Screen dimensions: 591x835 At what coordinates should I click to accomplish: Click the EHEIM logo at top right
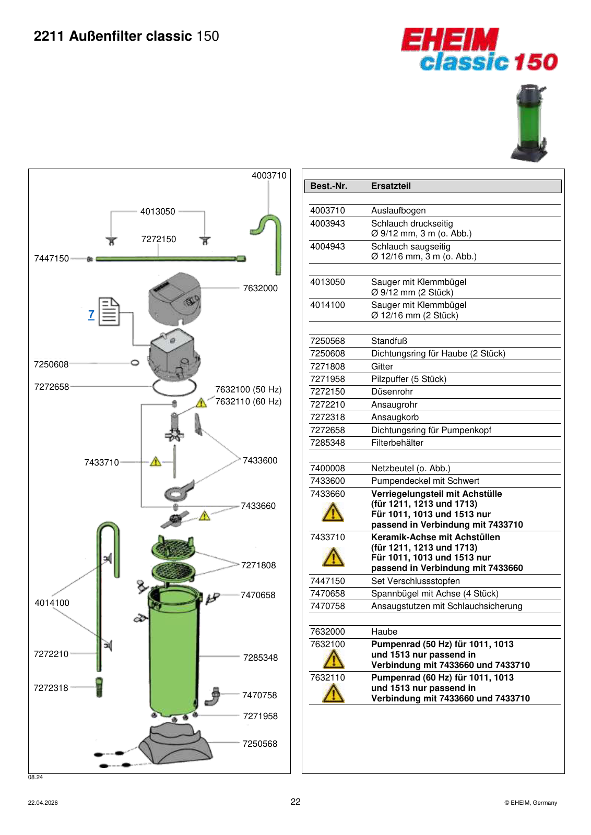coord(479,49)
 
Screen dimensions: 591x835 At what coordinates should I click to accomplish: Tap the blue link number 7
coord(91,314)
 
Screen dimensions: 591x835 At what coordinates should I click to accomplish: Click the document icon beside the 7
coord(109,311)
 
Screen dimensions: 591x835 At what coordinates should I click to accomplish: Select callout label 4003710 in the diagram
coord(269,175)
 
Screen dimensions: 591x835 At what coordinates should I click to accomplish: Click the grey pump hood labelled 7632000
coord(175,297)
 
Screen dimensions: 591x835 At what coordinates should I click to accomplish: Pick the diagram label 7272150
coord(159,239)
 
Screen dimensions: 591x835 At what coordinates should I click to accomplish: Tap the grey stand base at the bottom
coord(175,744)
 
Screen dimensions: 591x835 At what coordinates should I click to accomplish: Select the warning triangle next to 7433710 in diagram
coord(156,462)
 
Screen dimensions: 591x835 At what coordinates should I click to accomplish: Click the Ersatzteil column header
coord(391,186)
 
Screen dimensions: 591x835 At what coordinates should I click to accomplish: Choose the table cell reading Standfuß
coord(389,341)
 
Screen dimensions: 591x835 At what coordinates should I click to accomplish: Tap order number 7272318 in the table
coord(327,417)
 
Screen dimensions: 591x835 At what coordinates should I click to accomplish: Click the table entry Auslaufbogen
coord(398,211)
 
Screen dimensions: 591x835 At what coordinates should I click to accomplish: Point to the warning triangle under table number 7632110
coord(333,694)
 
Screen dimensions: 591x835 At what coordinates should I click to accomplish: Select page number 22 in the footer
coord(295,802)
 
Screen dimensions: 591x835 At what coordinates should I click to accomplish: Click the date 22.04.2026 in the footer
coord(43,803)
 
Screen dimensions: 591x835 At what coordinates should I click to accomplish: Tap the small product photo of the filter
coord(530,123)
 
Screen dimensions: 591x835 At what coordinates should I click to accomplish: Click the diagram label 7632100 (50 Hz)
coord(249,389)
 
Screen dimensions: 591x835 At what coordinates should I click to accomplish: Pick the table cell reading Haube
coord(384,631)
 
